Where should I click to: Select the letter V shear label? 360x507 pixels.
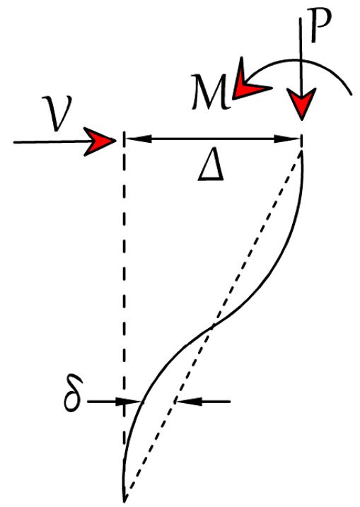pos(58,114)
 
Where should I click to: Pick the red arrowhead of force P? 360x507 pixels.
pos(301,103)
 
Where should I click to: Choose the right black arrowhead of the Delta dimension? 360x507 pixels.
pos(287,139)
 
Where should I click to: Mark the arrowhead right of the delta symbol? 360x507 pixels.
pos(129,402)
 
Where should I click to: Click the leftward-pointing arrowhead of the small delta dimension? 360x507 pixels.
pos(188,402)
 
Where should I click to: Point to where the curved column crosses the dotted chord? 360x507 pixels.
pos(212,327)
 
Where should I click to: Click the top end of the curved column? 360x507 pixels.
pos(301,153)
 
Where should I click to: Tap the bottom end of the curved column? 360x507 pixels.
pos(124,501)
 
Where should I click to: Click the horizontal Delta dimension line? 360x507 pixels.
pos(213,139)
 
